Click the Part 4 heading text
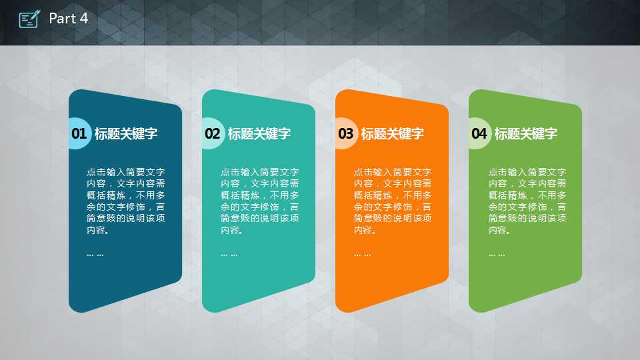pyautogui.click(x=68, y=19)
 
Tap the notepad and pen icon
pyautogui.click(x=29, y=19)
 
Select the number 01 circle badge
pyautogui.click(x=79, y=133)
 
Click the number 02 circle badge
pyautogui.click(x=212, y=133)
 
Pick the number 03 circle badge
pyautogui.click(x=346, y=133)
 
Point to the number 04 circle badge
pyautogui.click(x=479, y=133)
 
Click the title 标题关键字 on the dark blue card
pyautogui.click(x=126, y=133)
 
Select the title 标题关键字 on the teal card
pyautogui.click(x=259, y=133)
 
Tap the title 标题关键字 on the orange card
pyautogui.click(x=392, y=133)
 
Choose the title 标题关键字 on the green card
pyautogui.click(x=526, y=133)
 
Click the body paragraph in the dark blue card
pyautogui.click(x=126, y=201)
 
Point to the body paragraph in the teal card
pyautogui.click(x=259, y=201)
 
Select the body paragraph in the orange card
pyautogui.click(x=393, y=201)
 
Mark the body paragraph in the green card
pyautogui.click(x=527, y=201)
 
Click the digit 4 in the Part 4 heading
pyautogui.click(x=84, y=19)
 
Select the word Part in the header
pyautogui.click(x=63, y=19)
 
